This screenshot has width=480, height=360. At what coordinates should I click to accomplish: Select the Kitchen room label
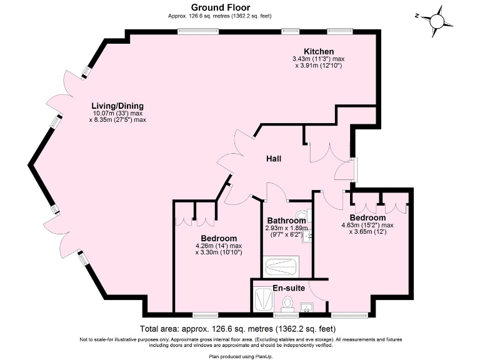click(318, 51)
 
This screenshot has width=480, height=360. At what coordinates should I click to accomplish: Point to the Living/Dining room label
click(117, 105)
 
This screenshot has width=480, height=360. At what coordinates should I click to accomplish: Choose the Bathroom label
click(286, 221)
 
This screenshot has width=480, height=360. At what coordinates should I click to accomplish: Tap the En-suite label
click(288, 289)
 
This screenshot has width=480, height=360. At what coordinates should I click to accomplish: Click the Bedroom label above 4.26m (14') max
click(219, 238)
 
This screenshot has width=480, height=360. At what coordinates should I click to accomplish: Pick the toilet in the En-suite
click(287, 304)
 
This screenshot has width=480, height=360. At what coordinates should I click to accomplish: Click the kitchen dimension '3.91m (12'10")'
click(321, 66)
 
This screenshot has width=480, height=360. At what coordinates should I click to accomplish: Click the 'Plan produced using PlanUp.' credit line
click(240, 355)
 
